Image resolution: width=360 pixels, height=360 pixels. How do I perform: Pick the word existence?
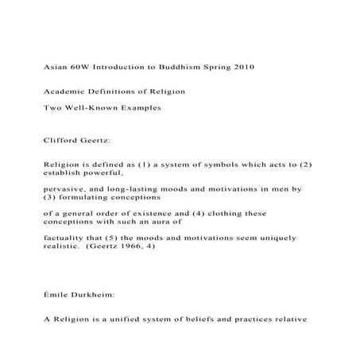[149, 213]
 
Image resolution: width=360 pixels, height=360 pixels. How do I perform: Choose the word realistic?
[62, 246]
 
